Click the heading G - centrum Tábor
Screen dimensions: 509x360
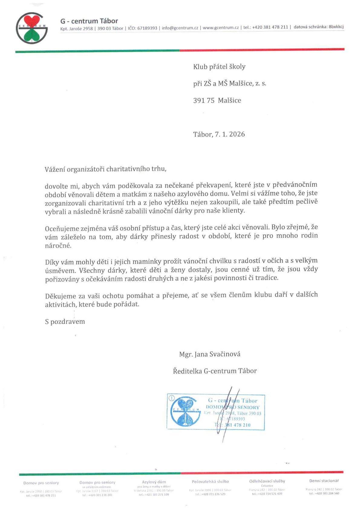(x=89, y=21)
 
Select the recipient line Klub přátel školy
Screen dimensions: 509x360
(x=219, y=67)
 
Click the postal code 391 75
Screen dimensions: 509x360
(x=204, y=100)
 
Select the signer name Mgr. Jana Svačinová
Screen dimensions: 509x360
(x=210, y=354)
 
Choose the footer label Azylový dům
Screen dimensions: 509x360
(x=154, y=481)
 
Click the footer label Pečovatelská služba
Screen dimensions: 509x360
(x=210, y=481)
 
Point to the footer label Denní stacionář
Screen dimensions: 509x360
(x=324, y=480)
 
